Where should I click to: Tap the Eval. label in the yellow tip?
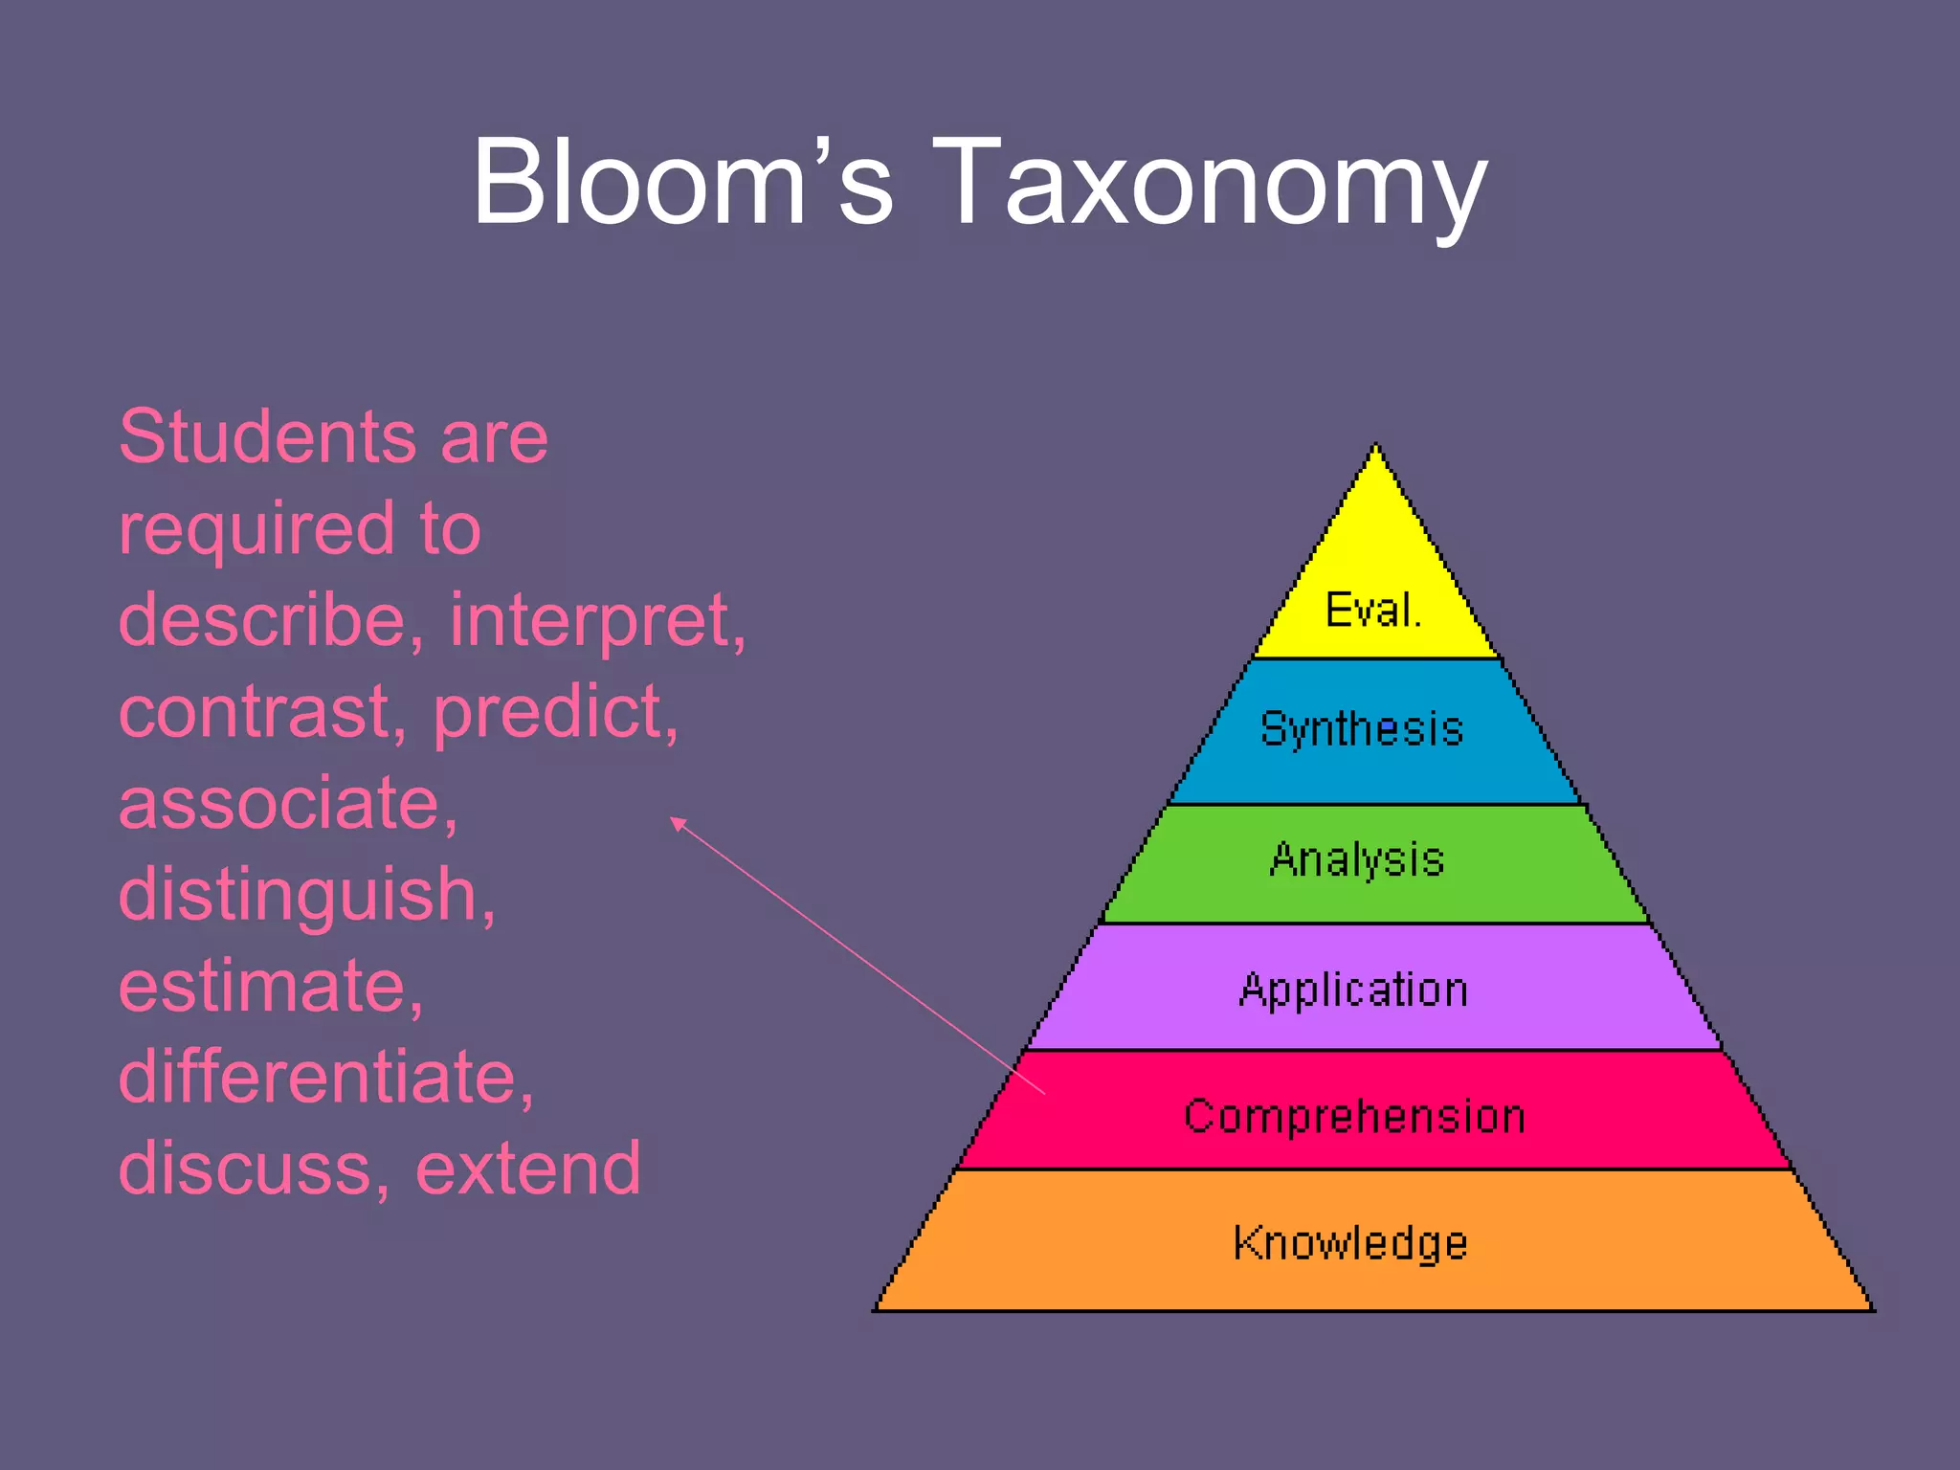pyautogui.click(x=1372, y=610)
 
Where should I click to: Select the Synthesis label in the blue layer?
pyautogui.click(x=1362, y=729)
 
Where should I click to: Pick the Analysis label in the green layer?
pyautogui.click(x=1356, y=859)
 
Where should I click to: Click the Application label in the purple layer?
pyautogui.click(x=1353, y=990)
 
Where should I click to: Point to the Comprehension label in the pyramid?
pyautogui.click(x=1354, y=1116)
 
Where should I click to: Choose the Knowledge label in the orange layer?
pyautogui.click(x=1349, y=1242)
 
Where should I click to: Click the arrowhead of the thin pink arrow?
pyautogui.click(x=676, y=821)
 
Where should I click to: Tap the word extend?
pyautogui.click(x=528, y=1169)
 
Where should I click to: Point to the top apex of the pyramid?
pyautogui.click(x=1375, y=447)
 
